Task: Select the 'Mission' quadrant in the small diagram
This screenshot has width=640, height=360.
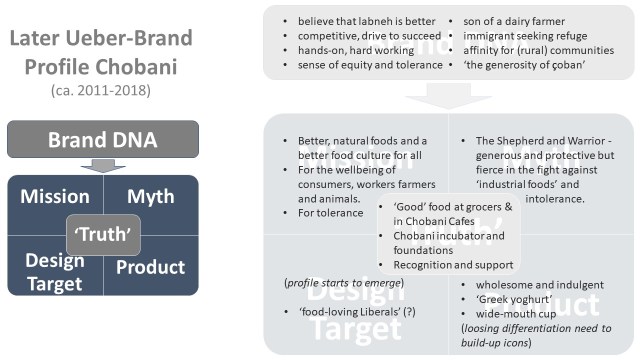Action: point(55,197)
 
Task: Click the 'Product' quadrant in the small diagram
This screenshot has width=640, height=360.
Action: point(151,267)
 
